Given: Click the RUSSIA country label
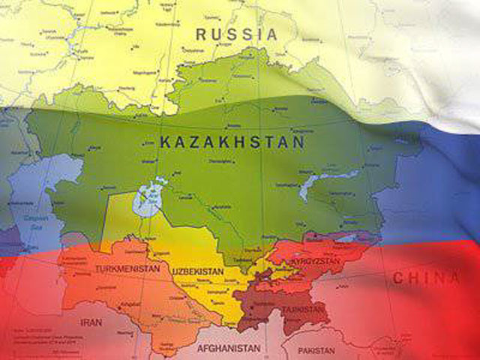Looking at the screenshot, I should [236, 34].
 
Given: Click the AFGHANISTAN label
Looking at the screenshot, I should [229, 349].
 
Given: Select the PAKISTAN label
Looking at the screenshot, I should [316, 350].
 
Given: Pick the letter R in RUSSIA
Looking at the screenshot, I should [201, 34].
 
